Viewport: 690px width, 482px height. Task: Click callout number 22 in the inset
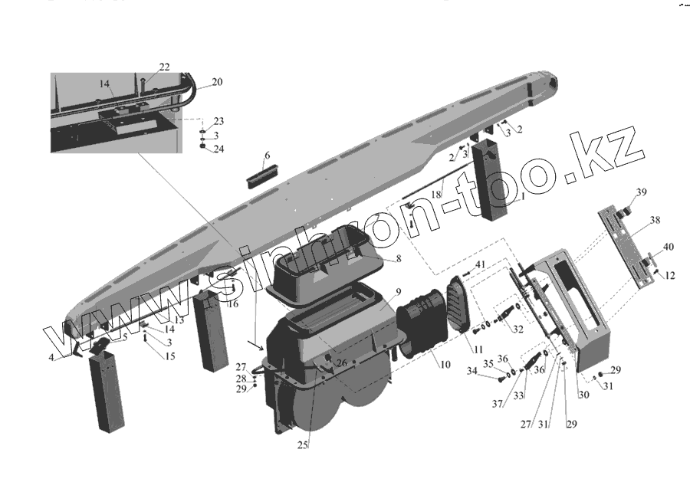[x=164, y=67]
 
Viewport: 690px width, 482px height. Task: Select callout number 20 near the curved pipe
[x=217, y=82]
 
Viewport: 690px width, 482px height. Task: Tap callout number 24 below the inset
[x=219, y=148]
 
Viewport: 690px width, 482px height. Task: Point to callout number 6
[x=267, y=156]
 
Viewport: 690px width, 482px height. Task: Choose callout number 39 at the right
[x=641, y=192]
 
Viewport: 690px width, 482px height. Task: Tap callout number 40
[x=669, y=248]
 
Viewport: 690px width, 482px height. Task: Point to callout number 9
[x=398, y=293]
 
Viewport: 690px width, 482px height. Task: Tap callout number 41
[x=481, y=265]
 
